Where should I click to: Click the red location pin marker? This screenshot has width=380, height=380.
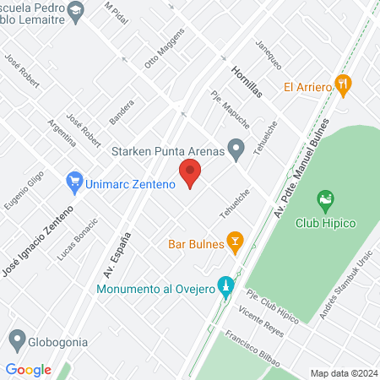tap(190, 176)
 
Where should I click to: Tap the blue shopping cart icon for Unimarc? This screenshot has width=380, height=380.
tap(73, 181)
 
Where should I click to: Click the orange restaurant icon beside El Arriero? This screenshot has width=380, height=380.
tap(342, 84)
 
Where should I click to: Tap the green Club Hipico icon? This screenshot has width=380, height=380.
tap(324, 202)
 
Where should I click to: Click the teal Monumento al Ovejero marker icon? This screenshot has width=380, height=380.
tap(225, 288)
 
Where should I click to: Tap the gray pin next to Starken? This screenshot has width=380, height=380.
tap(237, 151)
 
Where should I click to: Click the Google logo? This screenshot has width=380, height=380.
tap(29, 369)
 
